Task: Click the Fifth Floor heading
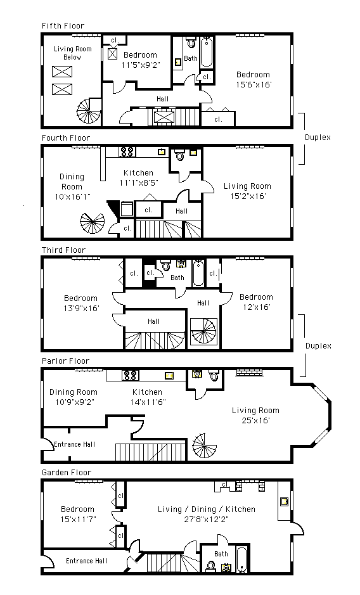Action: click(63, 26)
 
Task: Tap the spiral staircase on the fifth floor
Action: click(89, 112)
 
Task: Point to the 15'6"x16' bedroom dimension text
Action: click(254, 85)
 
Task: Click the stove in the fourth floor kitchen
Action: click(127, 152)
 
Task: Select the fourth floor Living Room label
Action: click(247, 186)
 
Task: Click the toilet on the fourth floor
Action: click(179, 155)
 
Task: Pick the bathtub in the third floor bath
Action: click(198, 273)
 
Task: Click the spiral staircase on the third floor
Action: click(204, 331)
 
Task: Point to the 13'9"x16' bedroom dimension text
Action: click(81, 309)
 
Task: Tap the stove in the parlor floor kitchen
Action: click(130, 375)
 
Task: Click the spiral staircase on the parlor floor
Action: click(205, 445)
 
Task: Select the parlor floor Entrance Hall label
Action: click(74, 444)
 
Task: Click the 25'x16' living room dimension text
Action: click(255, 421)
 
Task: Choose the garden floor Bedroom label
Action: click(77, 509)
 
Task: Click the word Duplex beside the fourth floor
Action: click(318, 138)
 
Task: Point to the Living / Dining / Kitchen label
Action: click(207, 509)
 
